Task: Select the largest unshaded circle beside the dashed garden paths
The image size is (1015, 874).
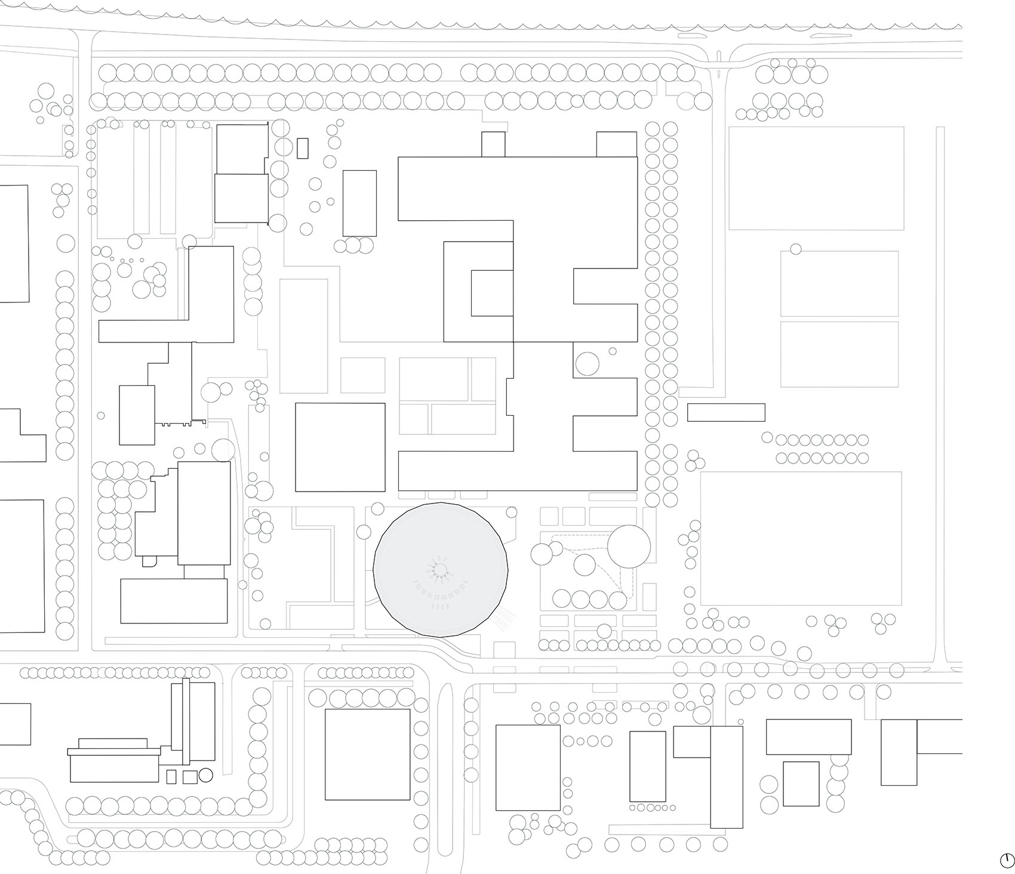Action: pyautogui.click(x=629, y=545)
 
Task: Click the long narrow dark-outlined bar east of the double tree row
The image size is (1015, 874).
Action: pyautogui.click(x=725, y=412)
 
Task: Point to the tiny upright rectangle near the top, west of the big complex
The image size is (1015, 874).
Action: pyautogui.click(x=303, y=148)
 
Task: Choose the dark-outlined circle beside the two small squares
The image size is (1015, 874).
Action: pyautogui.click(x=205, y=775)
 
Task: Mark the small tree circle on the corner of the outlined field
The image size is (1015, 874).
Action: pyautogui.click(x=796, y=249)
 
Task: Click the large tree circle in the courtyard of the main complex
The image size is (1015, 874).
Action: pyautogui.click(x=587, y=363)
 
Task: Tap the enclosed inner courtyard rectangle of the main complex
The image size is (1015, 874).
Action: pyautogui.click(x=492, y=293)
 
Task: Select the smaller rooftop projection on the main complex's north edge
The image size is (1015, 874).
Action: pyautogui.click(x=493, y=144)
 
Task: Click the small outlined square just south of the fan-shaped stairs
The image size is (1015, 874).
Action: pyautogui.click(x=505, y=650)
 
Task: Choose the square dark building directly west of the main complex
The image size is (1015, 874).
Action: pyautogui.click(x=340, y=447)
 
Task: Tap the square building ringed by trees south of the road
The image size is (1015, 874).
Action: pyautogui.click(x=367, y=754)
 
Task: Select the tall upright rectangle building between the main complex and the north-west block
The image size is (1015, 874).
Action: pyautogui.click(x=359, y=203)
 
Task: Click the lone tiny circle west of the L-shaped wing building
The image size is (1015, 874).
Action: pyautogui.click(x=100, y=415)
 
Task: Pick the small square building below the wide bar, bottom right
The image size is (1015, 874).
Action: pyautogui.click(x=801, y=783)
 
